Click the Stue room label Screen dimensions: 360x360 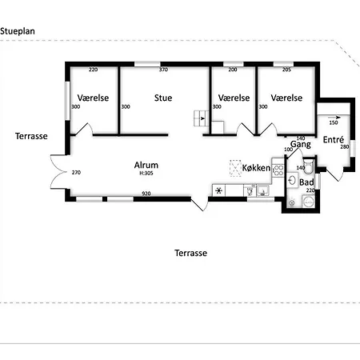163,98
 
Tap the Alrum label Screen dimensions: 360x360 146,165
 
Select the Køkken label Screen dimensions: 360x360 256,168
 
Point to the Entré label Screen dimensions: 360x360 334,139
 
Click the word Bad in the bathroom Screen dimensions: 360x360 306,182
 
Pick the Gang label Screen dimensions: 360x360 301,145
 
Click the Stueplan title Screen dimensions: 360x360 18,31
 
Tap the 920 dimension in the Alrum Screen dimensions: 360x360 146,194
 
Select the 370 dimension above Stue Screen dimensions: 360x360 163,70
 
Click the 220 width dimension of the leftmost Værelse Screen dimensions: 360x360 93,70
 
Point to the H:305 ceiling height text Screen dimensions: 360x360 146,173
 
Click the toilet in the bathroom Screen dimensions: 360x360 308,166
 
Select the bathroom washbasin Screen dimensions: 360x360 293,181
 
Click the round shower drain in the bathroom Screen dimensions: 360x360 309,202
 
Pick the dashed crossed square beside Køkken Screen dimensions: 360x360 235,168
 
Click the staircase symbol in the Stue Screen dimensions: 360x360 202,118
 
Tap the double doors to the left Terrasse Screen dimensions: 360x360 58,172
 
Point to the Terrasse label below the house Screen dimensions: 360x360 191,253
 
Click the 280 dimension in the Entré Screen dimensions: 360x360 345,146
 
